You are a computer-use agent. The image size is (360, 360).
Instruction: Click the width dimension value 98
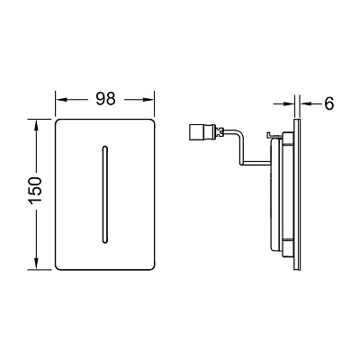click(105, 98)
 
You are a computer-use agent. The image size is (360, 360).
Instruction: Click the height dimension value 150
click(35, 191)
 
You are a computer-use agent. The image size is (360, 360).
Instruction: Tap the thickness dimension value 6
click(328, 103)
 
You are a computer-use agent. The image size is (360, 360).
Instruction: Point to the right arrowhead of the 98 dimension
click(148, 100)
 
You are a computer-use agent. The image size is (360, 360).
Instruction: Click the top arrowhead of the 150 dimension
click(36, 125)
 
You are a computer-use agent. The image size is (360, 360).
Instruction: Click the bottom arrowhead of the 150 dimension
click(36, 264)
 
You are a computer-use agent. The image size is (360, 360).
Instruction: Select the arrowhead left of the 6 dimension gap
click(289, 103)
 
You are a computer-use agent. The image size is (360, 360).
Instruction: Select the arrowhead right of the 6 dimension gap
click(306, 103)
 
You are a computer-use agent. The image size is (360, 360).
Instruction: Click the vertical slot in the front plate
click(104, 194)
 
